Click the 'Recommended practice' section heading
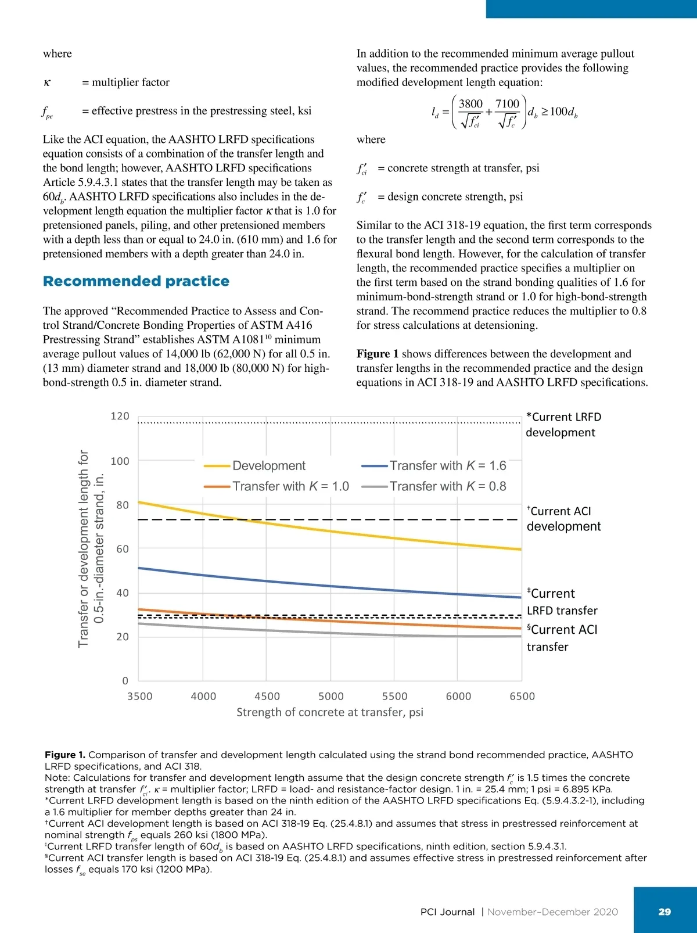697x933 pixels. coord(136,281)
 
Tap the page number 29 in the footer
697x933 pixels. coord(664,912)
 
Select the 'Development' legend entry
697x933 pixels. coord(268,465)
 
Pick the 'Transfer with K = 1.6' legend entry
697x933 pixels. coord(447,465)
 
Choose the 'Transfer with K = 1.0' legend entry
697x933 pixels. coord(290,486)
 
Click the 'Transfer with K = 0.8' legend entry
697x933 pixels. coord(447,486)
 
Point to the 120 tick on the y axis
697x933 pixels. coord(120,416)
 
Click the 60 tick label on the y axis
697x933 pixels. coord(123,549)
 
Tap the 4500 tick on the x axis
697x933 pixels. coord(267,696)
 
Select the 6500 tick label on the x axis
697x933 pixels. coord(522,696)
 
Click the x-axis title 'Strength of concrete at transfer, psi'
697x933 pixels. coord(329,712)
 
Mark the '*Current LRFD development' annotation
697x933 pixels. coord(563,425)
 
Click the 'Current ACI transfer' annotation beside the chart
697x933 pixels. coord(562,638)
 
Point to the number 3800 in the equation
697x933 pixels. coord(470,104)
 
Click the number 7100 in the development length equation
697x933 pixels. coord(507,104)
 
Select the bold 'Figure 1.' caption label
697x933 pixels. coord(64,755)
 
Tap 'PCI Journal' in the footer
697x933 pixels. coord(447,912)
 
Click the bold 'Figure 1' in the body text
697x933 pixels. coord(378,354)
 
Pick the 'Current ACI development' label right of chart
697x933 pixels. coord(563,519)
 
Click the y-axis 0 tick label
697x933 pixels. coord(125,681)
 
